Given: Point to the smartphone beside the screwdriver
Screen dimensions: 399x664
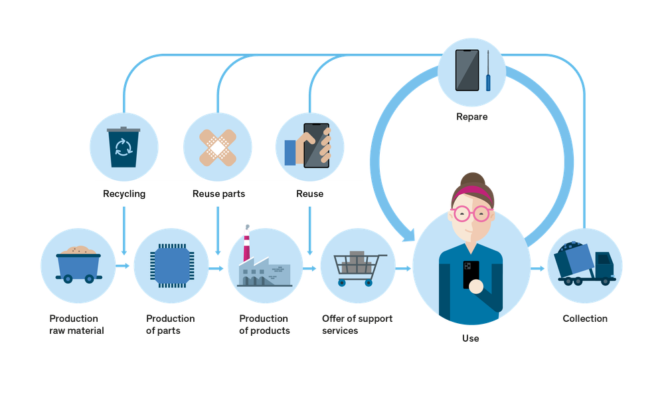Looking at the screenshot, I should pos(467,70).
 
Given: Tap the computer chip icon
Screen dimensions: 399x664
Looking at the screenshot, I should pos(171,265).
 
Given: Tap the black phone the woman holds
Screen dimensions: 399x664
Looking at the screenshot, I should pos(471,273).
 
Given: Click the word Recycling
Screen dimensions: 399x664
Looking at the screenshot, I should pos(124,194).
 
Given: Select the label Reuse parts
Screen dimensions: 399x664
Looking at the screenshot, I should pos(218,194).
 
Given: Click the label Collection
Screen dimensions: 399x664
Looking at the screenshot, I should pos(585,319).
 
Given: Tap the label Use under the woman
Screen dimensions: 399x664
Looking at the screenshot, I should pos(470,338).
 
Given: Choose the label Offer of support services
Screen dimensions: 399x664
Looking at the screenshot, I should pos(357,325).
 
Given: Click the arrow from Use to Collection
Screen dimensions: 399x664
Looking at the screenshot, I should pos(538,269).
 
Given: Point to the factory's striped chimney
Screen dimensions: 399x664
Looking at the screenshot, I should pos(247,243).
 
